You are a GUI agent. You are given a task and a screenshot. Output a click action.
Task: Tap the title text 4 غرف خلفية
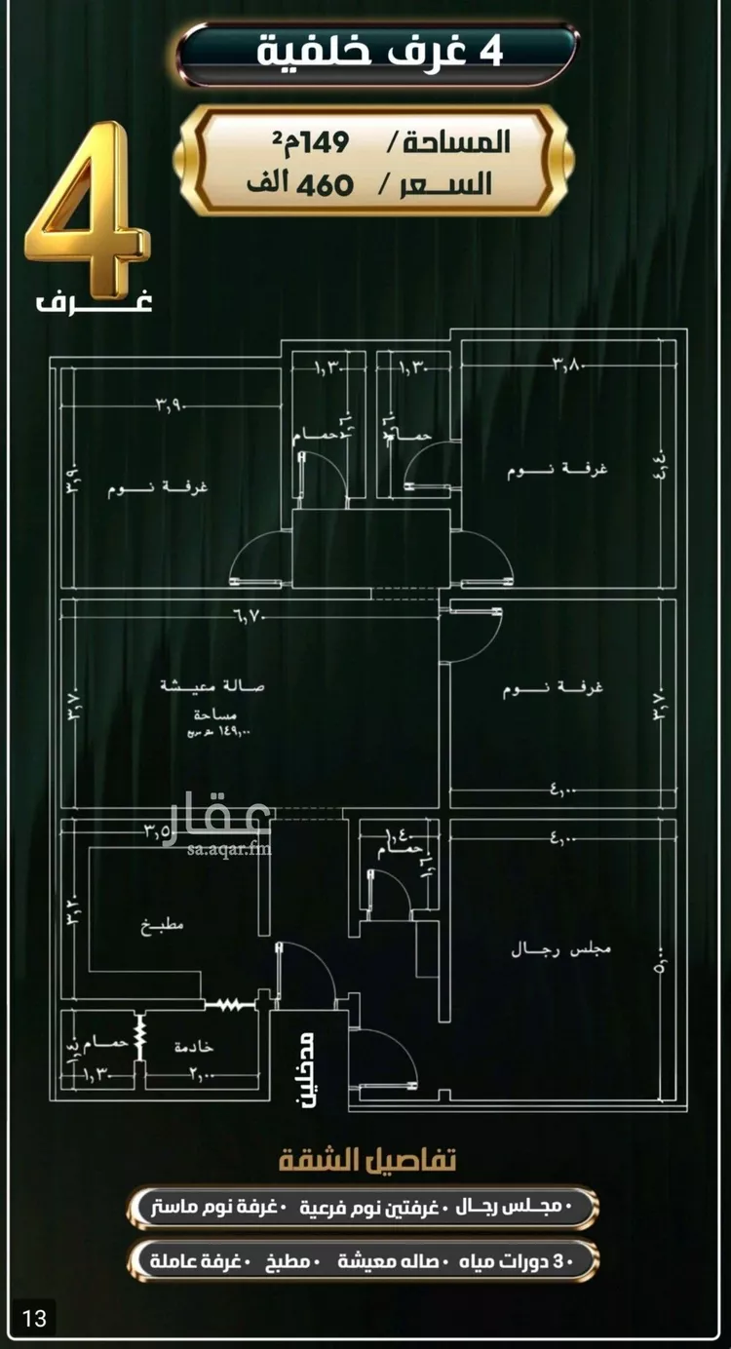(379, 51)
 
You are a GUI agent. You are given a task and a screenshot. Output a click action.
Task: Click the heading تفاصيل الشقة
(367, 1161)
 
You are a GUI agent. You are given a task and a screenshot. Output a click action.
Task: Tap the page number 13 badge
(34, 1320)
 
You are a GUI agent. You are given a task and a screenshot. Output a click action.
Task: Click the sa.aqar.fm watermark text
(226, 849)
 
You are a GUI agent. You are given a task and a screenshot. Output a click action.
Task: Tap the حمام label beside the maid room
(104, 1044)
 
